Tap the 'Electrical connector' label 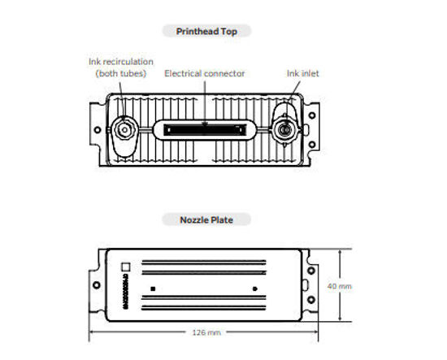tap(205, 73)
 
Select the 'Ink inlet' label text tap(302, 73)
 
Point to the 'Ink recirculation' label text tap(120, 62)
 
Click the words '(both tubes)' tap(120, 74)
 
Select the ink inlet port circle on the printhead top tap(285, 128)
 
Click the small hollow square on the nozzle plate tap(125, 265)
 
